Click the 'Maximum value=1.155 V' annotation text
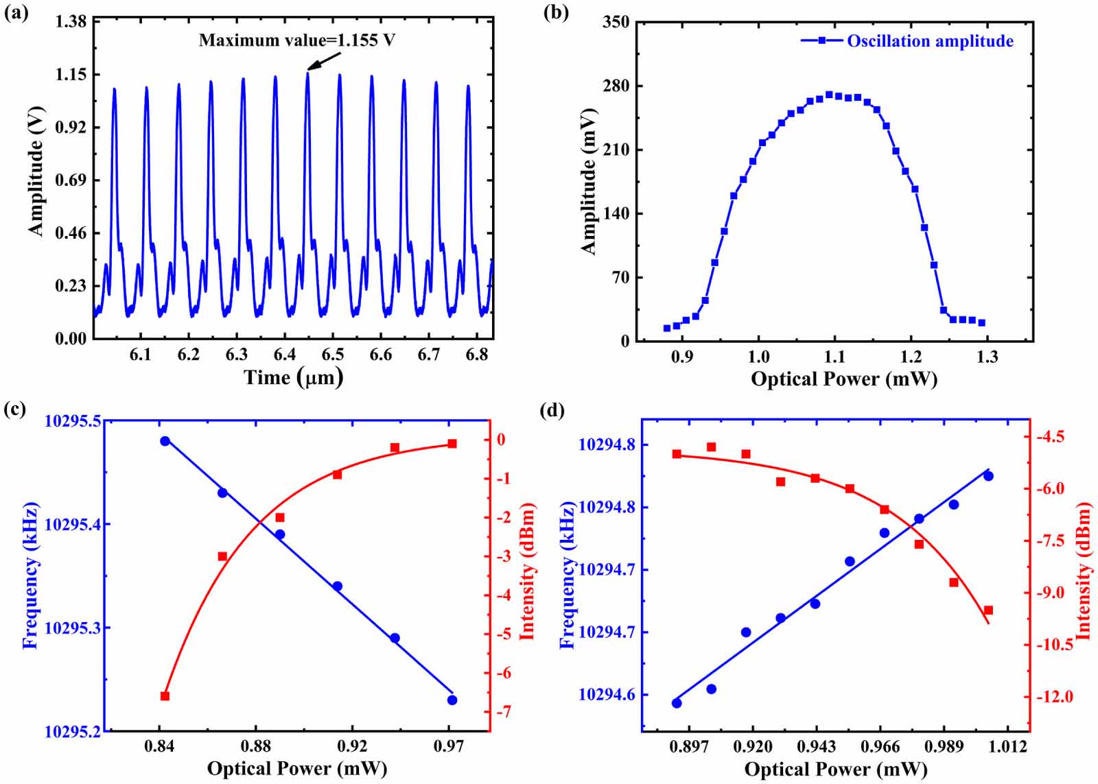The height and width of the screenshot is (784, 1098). click(296, 40)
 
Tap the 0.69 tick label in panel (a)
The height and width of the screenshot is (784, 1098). click(71, 180)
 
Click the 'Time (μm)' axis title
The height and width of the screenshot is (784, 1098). click(293, 377)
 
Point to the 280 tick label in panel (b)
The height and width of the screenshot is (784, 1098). click(616, 86)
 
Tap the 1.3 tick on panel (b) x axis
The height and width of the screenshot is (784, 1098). click(988, 357)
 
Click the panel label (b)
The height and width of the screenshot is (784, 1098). click(556, 12)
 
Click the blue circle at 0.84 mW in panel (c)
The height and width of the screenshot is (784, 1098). click(165, 441)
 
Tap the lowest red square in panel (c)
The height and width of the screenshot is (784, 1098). click(165, 696)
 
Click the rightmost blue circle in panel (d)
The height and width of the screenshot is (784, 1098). click(988, 476)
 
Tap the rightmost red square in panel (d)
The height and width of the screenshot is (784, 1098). click(988, 610)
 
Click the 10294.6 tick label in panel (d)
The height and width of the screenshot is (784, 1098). click(607, 695)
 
